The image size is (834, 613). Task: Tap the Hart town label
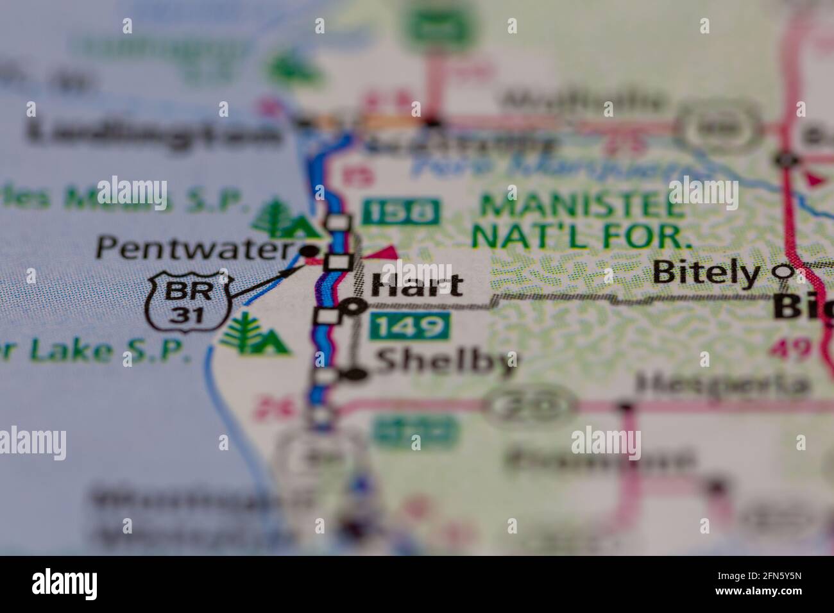pyautogui.click(x=418, y=285)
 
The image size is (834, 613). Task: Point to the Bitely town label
pyautogui.click(x=705, y=273)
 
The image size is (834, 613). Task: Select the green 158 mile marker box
pyautogui.click(x=402, y=212)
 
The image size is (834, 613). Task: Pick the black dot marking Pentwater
pyautogui.click(x=311, y=249)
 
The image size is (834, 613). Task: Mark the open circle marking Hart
pyautogui.click(x=353, y=308)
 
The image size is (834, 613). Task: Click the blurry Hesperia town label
pyautogui.click(x=721, y=384)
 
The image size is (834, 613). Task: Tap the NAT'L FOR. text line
pyautogui.click(x=583, y=237)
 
